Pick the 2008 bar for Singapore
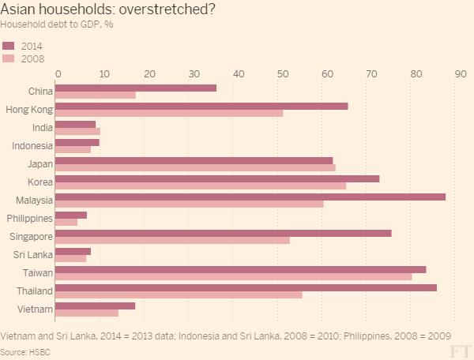click(172, 240)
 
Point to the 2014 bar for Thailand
click(246, 287)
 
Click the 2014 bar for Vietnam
click(95, 306)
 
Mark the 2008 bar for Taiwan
click(234, 276)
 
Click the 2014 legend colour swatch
click(9, 45)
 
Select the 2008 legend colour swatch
click(9, 58)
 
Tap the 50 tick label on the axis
click(282, 73)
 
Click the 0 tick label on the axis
click(58, 73)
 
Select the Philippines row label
click(29, 218)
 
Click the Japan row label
click(39, 164)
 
